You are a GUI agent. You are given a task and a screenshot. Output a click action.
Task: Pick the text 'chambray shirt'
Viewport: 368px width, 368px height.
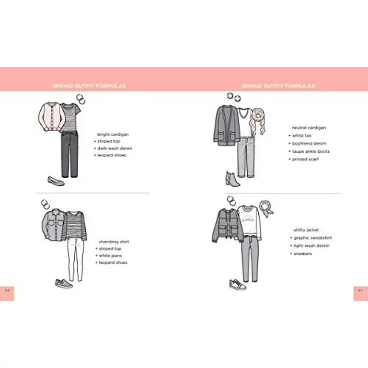114,241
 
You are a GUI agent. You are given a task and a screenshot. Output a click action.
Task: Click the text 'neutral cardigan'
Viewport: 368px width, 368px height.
309,128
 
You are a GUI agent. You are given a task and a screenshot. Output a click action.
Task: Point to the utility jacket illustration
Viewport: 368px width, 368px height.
224,225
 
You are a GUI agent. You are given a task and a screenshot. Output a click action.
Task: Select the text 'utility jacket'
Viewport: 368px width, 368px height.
309,230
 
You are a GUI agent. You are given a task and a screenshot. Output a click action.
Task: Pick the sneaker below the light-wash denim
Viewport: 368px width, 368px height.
238,285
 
